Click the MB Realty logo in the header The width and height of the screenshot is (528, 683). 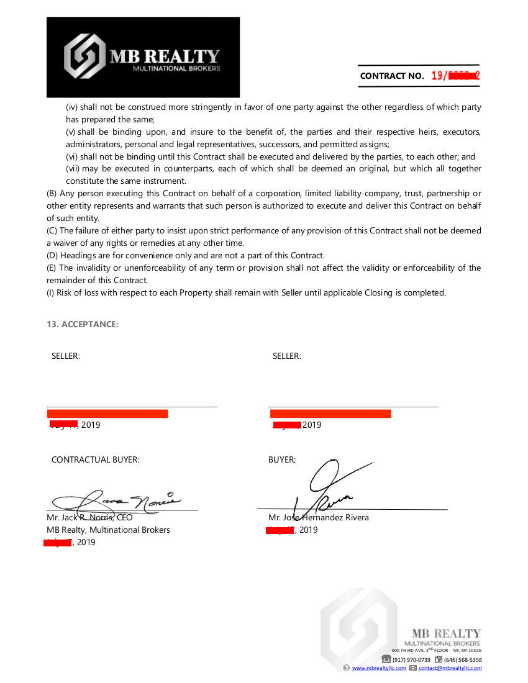pyautogui.click(x=143, y=57)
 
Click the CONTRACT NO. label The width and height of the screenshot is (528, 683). pyautogui.click(x=392, y=76)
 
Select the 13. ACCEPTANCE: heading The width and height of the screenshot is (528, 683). pyautogui.click(x=83, y=324)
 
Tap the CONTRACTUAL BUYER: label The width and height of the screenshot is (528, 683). pyautogui.click(x=96, y=460)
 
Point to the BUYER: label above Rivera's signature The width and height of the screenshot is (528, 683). pyautogui.click(x=282, y=460)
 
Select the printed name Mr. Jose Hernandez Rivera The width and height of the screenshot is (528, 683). pyautogui.click(x=319, y=518)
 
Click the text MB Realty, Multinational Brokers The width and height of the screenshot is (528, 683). pyautogui.click(x=109, y=530)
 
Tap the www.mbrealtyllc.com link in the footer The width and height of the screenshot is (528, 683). pyautogui.click(x=379, y=668)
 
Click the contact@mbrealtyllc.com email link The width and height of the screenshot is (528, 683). pyautogui.click(x=450, y=668)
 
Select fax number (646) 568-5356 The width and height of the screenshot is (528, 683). pyautogui.click(x=463, y=659)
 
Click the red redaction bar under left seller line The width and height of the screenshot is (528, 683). pyautogui.click(x=107, y=414)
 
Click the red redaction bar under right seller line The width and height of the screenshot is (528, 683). pyautogui.click(x=330, y=414)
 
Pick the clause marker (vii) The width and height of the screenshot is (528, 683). pyautogui.click(x=73, y=169)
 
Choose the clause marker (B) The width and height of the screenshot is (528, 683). pyautogui.click(x=53, y=194)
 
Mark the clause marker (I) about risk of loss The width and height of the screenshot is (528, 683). pyautogui.click(x=52, y=293)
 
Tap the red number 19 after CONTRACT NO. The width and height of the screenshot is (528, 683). pyautogui.click(x=437, y=76)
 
